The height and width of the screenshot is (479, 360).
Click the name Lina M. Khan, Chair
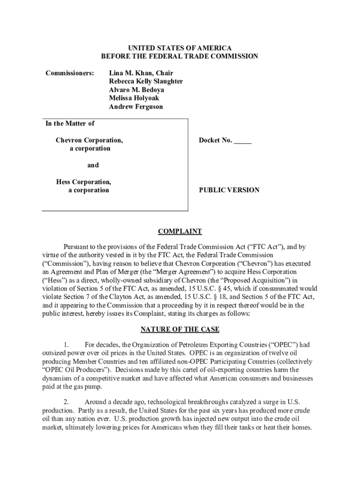(x=141, y=73)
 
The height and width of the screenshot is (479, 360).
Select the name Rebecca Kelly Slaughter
(x=146, y=81)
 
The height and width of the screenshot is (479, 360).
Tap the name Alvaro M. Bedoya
(x=137, y=90)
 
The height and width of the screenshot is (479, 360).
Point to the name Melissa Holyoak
(x=134, y=98)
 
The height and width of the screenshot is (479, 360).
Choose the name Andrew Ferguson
(x=136, y=107)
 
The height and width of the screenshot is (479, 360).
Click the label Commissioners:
(x=70, y=73)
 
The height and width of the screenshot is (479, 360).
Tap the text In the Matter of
(x=70, y=123)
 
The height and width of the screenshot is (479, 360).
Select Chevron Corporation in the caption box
(x=89, y=140)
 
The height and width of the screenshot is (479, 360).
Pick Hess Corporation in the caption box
(x=84, y=182)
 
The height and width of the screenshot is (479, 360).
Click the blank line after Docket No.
(x=243, y=141)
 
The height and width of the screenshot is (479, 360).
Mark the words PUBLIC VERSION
(x=229, y=190)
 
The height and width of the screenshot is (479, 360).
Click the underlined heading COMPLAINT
(x=180, y=232)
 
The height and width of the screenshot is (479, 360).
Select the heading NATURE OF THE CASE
(x=180, y=329)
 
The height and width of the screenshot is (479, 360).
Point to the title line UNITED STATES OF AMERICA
(x=180, y=48)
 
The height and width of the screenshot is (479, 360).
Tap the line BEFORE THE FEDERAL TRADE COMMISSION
(x=180, y=57)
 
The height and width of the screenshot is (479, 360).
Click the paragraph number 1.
(x=67, y=345)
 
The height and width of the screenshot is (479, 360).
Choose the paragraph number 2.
(x=67, y=402)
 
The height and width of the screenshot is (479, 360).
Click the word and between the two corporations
(x=93, y=165)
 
